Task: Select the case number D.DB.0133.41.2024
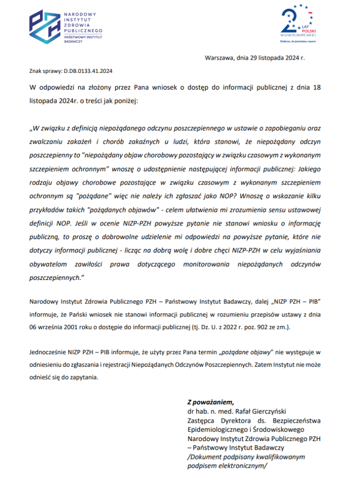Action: point(89,71)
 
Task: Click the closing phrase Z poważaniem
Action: point(210,402)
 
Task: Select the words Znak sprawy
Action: point(46,71)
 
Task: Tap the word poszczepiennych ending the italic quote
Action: point(55,278)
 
